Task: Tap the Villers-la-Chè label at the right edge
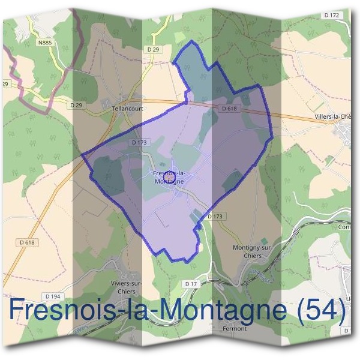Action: click(x=336, y=118)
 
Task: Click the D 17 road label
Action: click(x=191, y=283)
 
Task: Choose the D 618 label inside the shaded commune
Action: click(x=229, y=109)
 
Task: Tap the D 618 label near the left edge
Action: click(x=28, y=242)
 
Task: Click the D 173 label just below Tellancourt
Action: click(x=138, y=143)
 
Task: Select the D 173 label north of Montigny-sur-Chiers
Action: click(x=215, y=216)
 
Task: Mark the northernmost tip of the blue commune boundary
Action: click(x=191, y=41)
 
